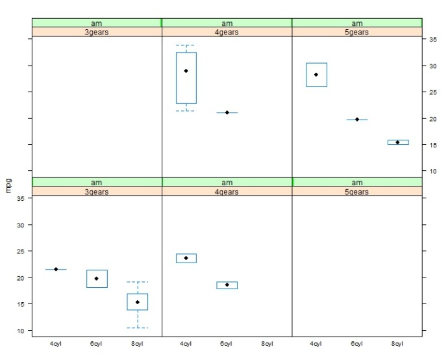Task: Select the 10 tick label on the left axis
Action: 21,331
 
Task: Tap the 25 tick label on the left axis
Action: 21,251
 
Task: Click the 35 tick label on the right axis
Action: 432,40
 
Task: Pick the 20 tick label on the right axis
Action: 432,119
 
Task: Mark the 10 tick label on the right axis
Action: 432,172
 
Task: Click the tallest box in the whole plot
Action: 186,78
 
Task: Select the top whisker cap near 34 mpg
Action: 186,45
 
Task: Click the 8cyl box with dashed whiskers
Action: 137,302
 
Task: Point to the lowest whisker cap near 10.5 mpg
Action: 137,328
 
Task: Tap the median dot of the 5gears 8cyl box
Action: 397,142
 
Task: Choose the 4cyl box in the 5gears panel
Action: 316,75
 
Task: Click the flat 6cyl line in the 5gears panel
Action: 357,120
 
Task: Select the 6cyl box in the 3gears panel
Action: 97,278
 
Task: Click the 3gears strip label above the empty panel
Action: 97,32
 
